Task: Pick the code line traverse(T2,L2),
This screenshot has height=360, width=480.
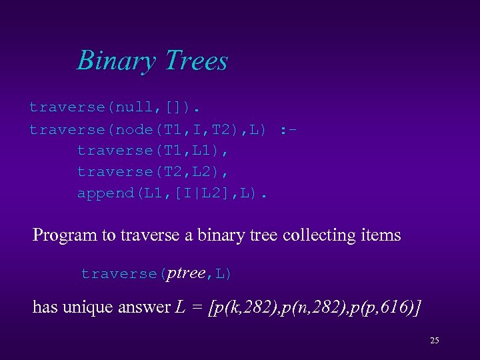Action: (153, 171)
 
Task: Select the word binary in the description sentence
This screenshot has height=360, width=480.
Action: (221, 235)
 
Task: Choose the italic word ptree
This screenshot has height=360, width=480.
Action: (186, 273)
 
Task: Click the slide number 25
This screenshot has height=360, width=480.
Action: (434, 341)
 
